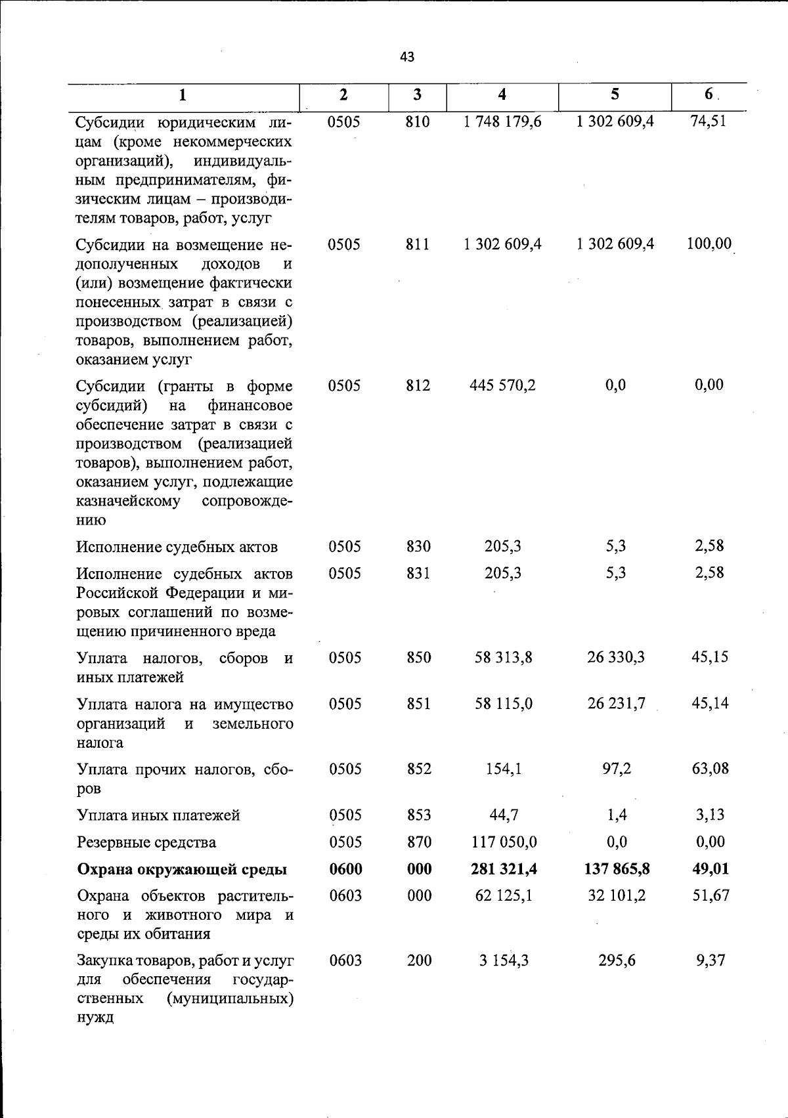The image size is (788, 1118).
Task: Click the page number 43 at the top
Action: tap(407, 57)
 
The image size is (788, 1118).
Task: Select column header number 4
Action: tap(502, 95)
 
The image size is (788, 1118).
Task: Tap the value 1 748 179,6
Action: tap(502, 121)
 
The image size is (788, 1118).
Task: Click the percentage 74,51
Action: tap(709, 121)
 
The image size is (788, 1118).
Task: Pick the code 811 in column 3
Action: tap(418, 244)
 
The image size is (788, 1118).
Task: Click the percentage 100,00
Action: tap(709, 244)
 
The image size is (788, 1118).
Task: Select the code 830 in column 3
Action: tap(418, 546)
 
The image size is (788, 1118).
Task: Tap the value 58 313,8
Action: tap(503, 657)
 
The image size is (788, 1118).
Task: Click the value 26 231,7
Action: tap(616, 704)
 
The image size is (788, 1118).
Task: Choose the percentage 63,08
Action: tap(710, 769)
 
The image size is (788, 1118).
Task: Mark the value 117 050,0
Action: tap(504, 842)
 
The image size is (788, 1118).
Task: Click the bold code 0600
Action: tap(345, 869)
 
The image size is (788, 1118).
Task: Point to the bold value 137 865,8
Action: tap(617, 869)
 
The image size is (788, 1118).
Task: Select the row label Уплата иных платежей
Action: tap(158, 815)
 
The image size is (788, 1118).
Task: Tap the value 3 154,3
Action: tap(504, 960)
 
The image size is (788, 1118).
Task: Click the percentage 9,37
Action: tap(710, 960)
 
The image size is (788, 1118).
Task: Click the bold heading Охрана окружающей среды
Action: tap(182, 870)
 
